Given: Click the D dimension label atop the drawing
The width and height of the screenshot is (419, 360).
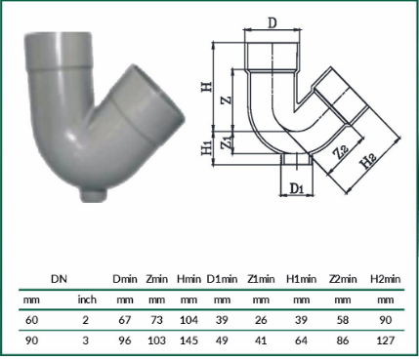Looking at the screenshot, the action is click(x=272, y=22).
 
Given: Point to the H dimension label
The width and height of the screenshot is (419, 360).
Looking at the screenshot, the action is click(x=206, y=87).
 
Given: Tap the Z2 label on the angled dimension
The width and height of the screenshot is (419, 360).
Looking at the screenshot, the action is click(x=342, y=152).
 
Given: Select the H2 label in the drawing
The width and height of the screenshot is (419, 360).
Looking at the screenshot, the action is click(x=369, y=161).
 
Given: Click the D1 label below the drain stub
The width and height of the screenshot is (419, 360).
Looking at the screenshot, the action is click(x=297, y=188).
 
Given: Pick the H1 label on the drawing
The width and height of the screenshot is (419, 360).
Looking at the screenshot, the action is click(x=206, y=148).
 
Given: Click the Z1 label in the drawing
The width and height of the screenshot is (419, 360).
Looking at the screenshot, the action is click(x=227, y=143).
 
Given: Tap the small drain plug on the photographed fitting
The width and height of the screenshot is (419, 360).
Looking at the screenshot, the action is click(x=94, y=194).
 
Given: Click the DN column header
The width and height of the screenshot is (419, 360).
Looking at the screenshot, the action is click(x=59, y=279).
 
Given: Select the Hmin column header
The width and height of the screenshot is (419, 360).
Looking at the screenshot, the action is click(x=189, y=279).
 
